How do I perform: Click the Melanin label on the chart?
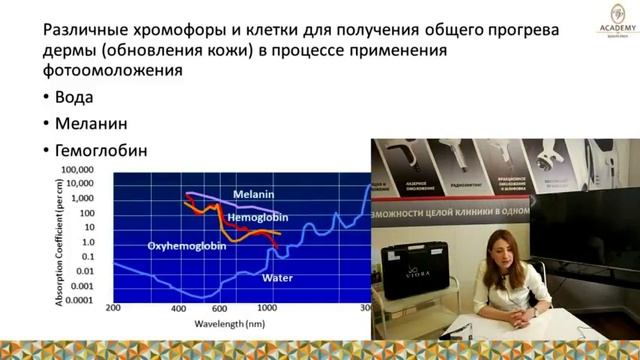(254, 193)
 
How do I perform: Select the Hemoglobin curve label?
(260, 216)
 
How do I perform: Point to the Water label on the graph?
(277, 277)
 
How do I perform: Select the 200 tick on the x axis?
(113, 309)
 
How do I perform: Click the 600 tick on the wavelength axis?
(222, 309)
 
